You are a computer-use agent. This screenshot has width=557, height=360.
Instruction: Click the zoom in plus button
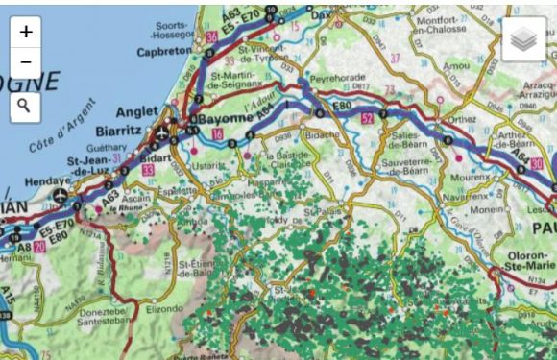tap(25, 31)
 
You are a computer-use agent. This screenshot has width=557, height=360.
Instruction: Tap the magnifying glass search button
tap(25, 106)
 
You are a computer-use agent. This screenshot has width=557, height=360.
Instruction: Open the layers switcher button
tap(523, 40)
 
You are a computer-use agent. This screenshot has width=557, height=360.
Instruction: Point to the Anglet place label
tap(135, 110)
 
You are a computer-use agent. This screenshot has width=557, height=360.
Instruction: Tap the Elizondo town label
tap(163, 309)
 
